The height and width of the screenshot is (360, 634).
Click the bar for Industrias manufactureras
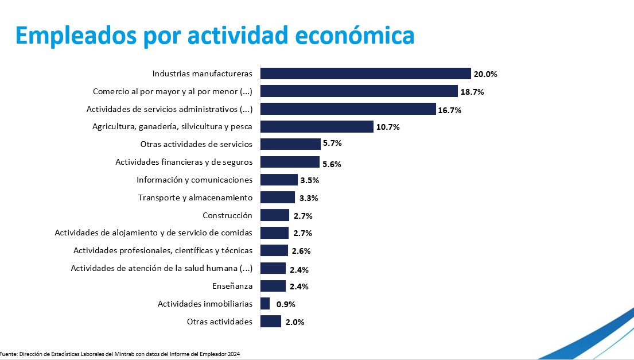point(365,73)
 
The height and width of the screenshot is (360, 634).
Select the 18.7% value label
point(472,92)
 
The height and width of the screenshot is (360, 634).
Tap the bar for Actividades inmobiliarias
point(265,304)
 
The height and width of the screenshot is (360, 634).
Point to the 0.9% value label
point(286,304)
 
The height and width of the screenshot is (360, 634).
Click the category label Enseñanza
point(232,286)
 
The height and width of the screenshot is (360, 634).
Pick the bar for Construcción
point(275,215)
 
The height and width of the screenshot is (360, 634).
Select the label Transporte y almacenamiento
point(195,198)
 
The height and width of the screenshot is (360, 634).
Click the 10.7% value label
point(388,127)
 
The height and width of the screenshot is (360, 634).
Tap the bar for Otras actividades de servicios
point(290,144)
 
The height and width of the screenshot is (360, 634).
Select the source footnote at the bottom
point(120,354)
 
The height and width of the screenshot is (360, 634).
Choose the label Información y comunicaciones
point(195,180)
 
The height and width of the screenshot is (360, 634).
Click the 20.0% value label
point(485,74)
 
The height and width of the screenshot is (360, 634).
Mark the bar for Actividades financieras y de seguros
point(290,162)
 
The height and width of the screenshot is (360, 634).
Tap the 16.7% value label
point(450,110)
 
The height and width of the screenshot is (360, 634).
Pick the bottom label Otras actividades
point(220,322)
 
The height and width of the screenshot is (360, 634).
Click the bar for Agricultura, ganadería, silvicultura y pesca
point(317,127)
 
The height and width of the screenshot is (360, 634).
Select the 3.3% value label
point(309,198)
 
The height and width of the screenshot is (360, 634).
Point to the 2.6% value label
point(302,251)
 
